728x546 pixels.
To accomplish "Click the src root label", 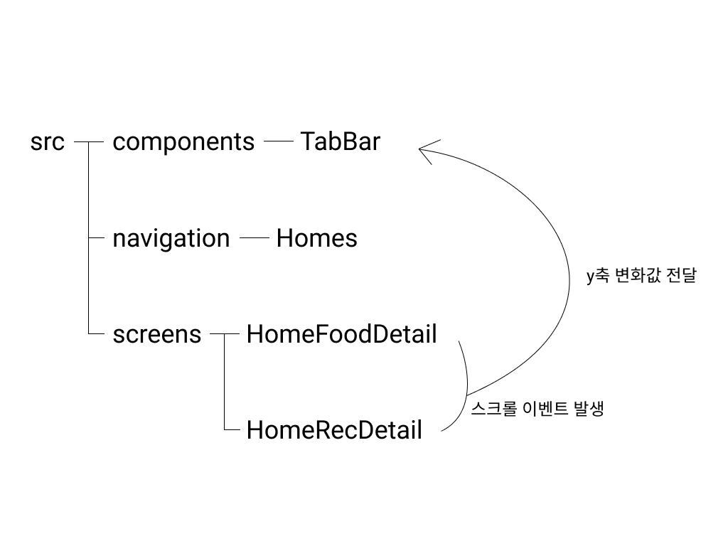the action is [48, 142].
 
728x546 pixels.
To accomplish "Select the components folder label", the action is [183, 142].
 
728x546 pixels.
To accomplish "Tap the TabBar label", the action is [340, 142].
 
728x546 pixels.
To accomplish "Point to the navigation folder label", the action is [171, 238].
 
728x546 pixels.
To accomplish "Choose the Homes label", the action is [316, 238].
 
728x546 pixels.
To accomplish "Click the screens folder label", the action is [157, 334].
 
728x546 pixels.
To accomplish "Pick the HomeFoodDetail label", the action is [341, 334].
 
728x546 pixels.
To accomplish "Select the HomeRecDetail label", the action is [334, 430].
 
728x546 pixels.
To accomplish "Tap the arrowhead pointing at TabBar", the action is [425, 150].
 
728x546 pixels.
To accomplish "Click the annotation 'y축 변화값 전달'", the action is [641, 277].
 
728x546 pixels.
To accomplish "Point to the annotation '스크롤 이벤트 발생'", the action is [537, 409].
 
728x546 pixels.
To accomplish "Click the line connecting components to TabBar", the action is [279, 141].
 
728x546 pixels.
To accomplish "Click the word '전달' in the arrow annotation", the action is [682, 277].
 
